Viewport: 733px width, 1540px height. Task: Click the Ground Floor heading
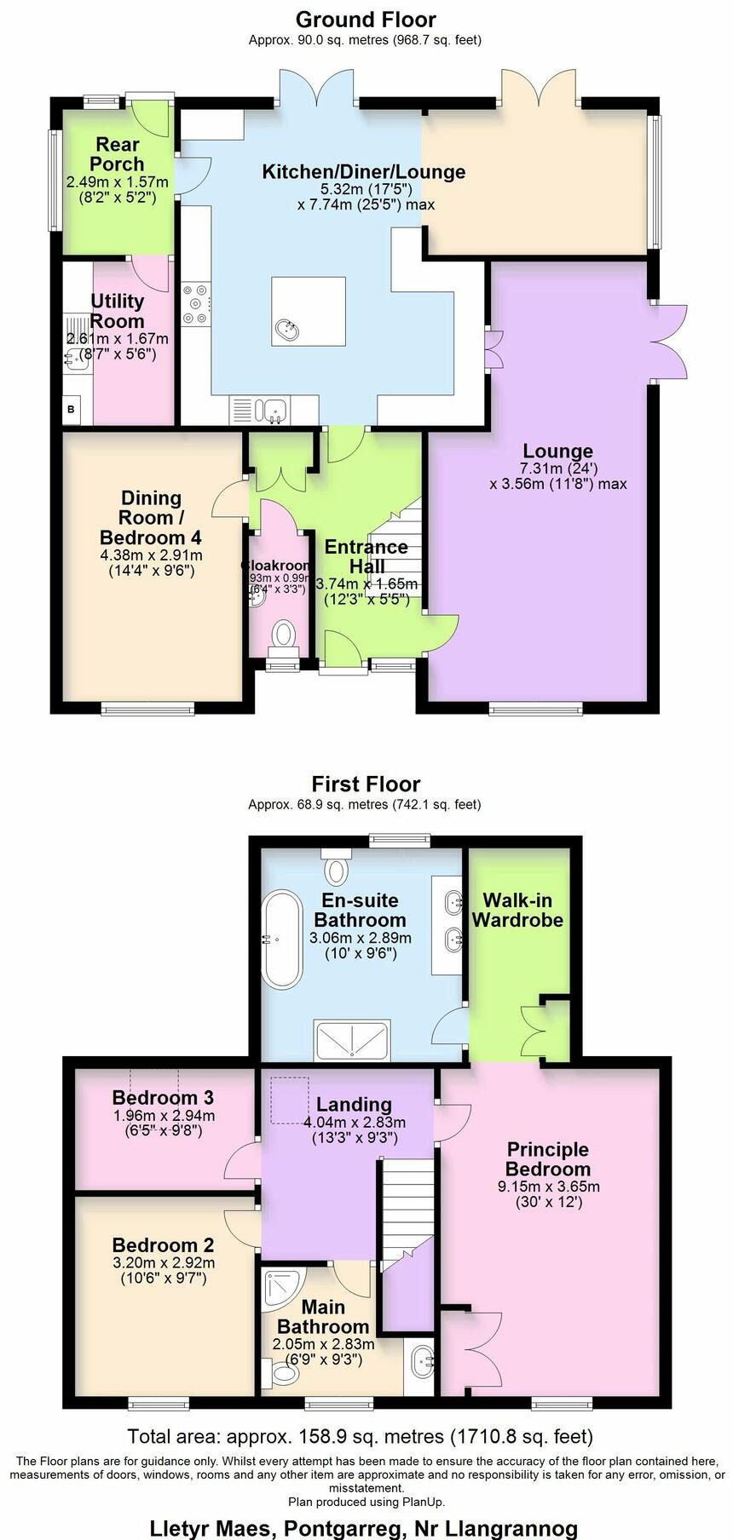(366, 20)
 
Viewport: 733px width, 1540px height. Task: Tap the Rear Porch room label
(117, 154)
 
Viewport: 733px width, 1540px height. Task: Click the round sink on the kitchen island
(288, 329)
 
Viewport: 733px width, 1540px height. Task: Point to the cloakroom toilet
(282, 635)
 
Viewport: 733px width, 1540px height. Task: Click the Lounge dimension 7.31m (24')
(558, 468)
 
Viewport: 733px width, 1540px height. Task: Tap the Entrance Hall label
(366, 556)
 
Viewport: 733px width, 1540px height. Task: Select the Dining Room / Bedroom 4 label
(151, 517)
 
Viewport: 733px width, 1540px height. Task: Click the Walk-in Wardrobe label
(517, 910)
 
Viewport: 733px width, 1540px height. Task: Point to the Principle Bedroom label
(548, 1159)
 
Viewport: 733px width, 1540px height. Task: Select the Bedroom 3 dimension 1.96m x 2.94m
(164, 1116)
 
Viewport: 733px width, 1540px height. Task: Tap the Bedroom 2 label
(163, 1245)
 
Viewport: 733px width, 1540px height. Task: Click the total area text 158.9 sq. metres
(361, 1437)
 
